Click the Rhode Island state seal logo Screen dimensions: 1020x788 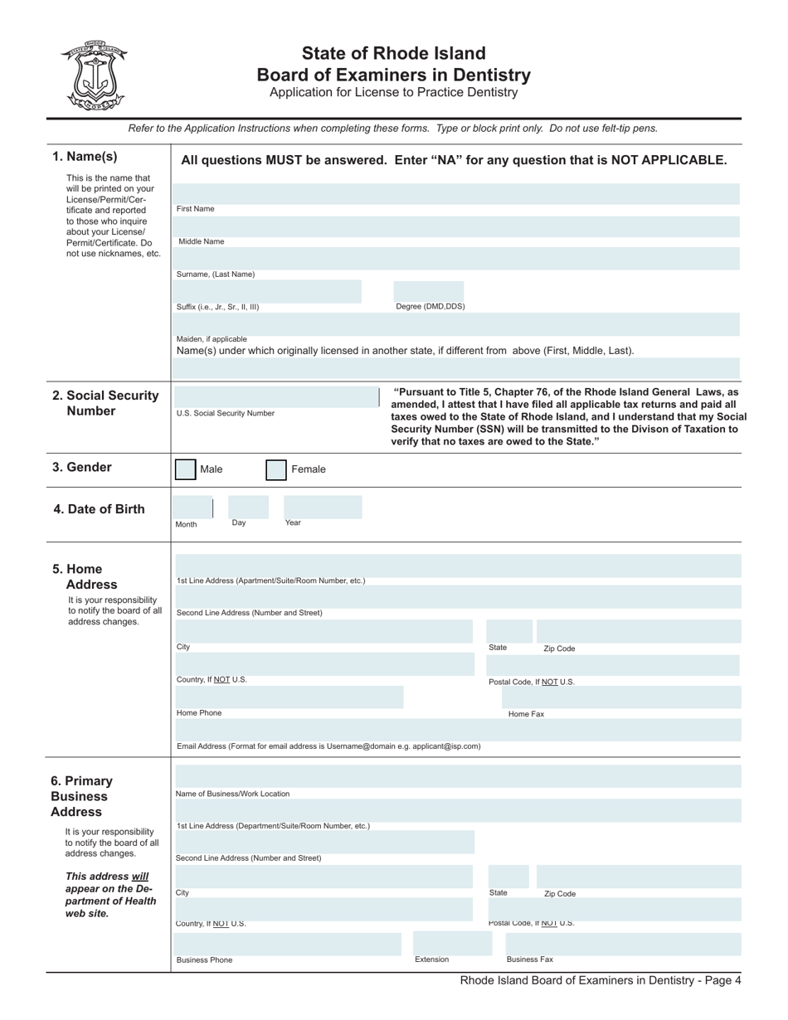coord(93,75)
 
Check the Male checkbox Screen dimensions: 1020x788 coord(186,469)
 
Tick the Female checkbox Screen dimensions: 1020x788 coord(276,470)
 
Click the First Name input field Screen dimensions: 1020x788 coord(458,194)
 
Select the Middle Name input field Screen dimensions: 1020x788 coord(458,226)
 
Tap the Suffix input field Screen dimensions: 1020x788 coord(269,291)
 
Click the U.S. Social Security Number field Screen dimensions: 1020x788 coord(276,396)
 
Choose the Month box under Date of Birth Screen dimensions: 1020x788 coord(193,508)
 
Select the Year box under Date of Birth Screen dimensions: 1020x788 coord(323,508)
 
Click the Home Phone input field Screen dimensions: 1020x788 coord(289,697)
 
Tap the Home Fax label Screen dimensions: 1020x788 coord(526,714)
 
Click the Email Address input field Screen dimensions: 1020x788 coord(458,730)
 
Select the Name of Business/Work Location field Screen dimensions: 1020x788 coord(458,777)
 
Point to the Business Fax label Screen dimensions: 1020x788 coord(529,959)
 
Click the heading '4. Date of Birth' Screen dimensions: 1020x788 coord(99,509)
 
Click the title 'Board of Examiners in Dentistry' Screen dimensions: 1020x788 coord(393,75)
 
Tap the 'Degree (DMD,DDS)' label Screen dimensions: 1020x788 coord(430,306)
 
